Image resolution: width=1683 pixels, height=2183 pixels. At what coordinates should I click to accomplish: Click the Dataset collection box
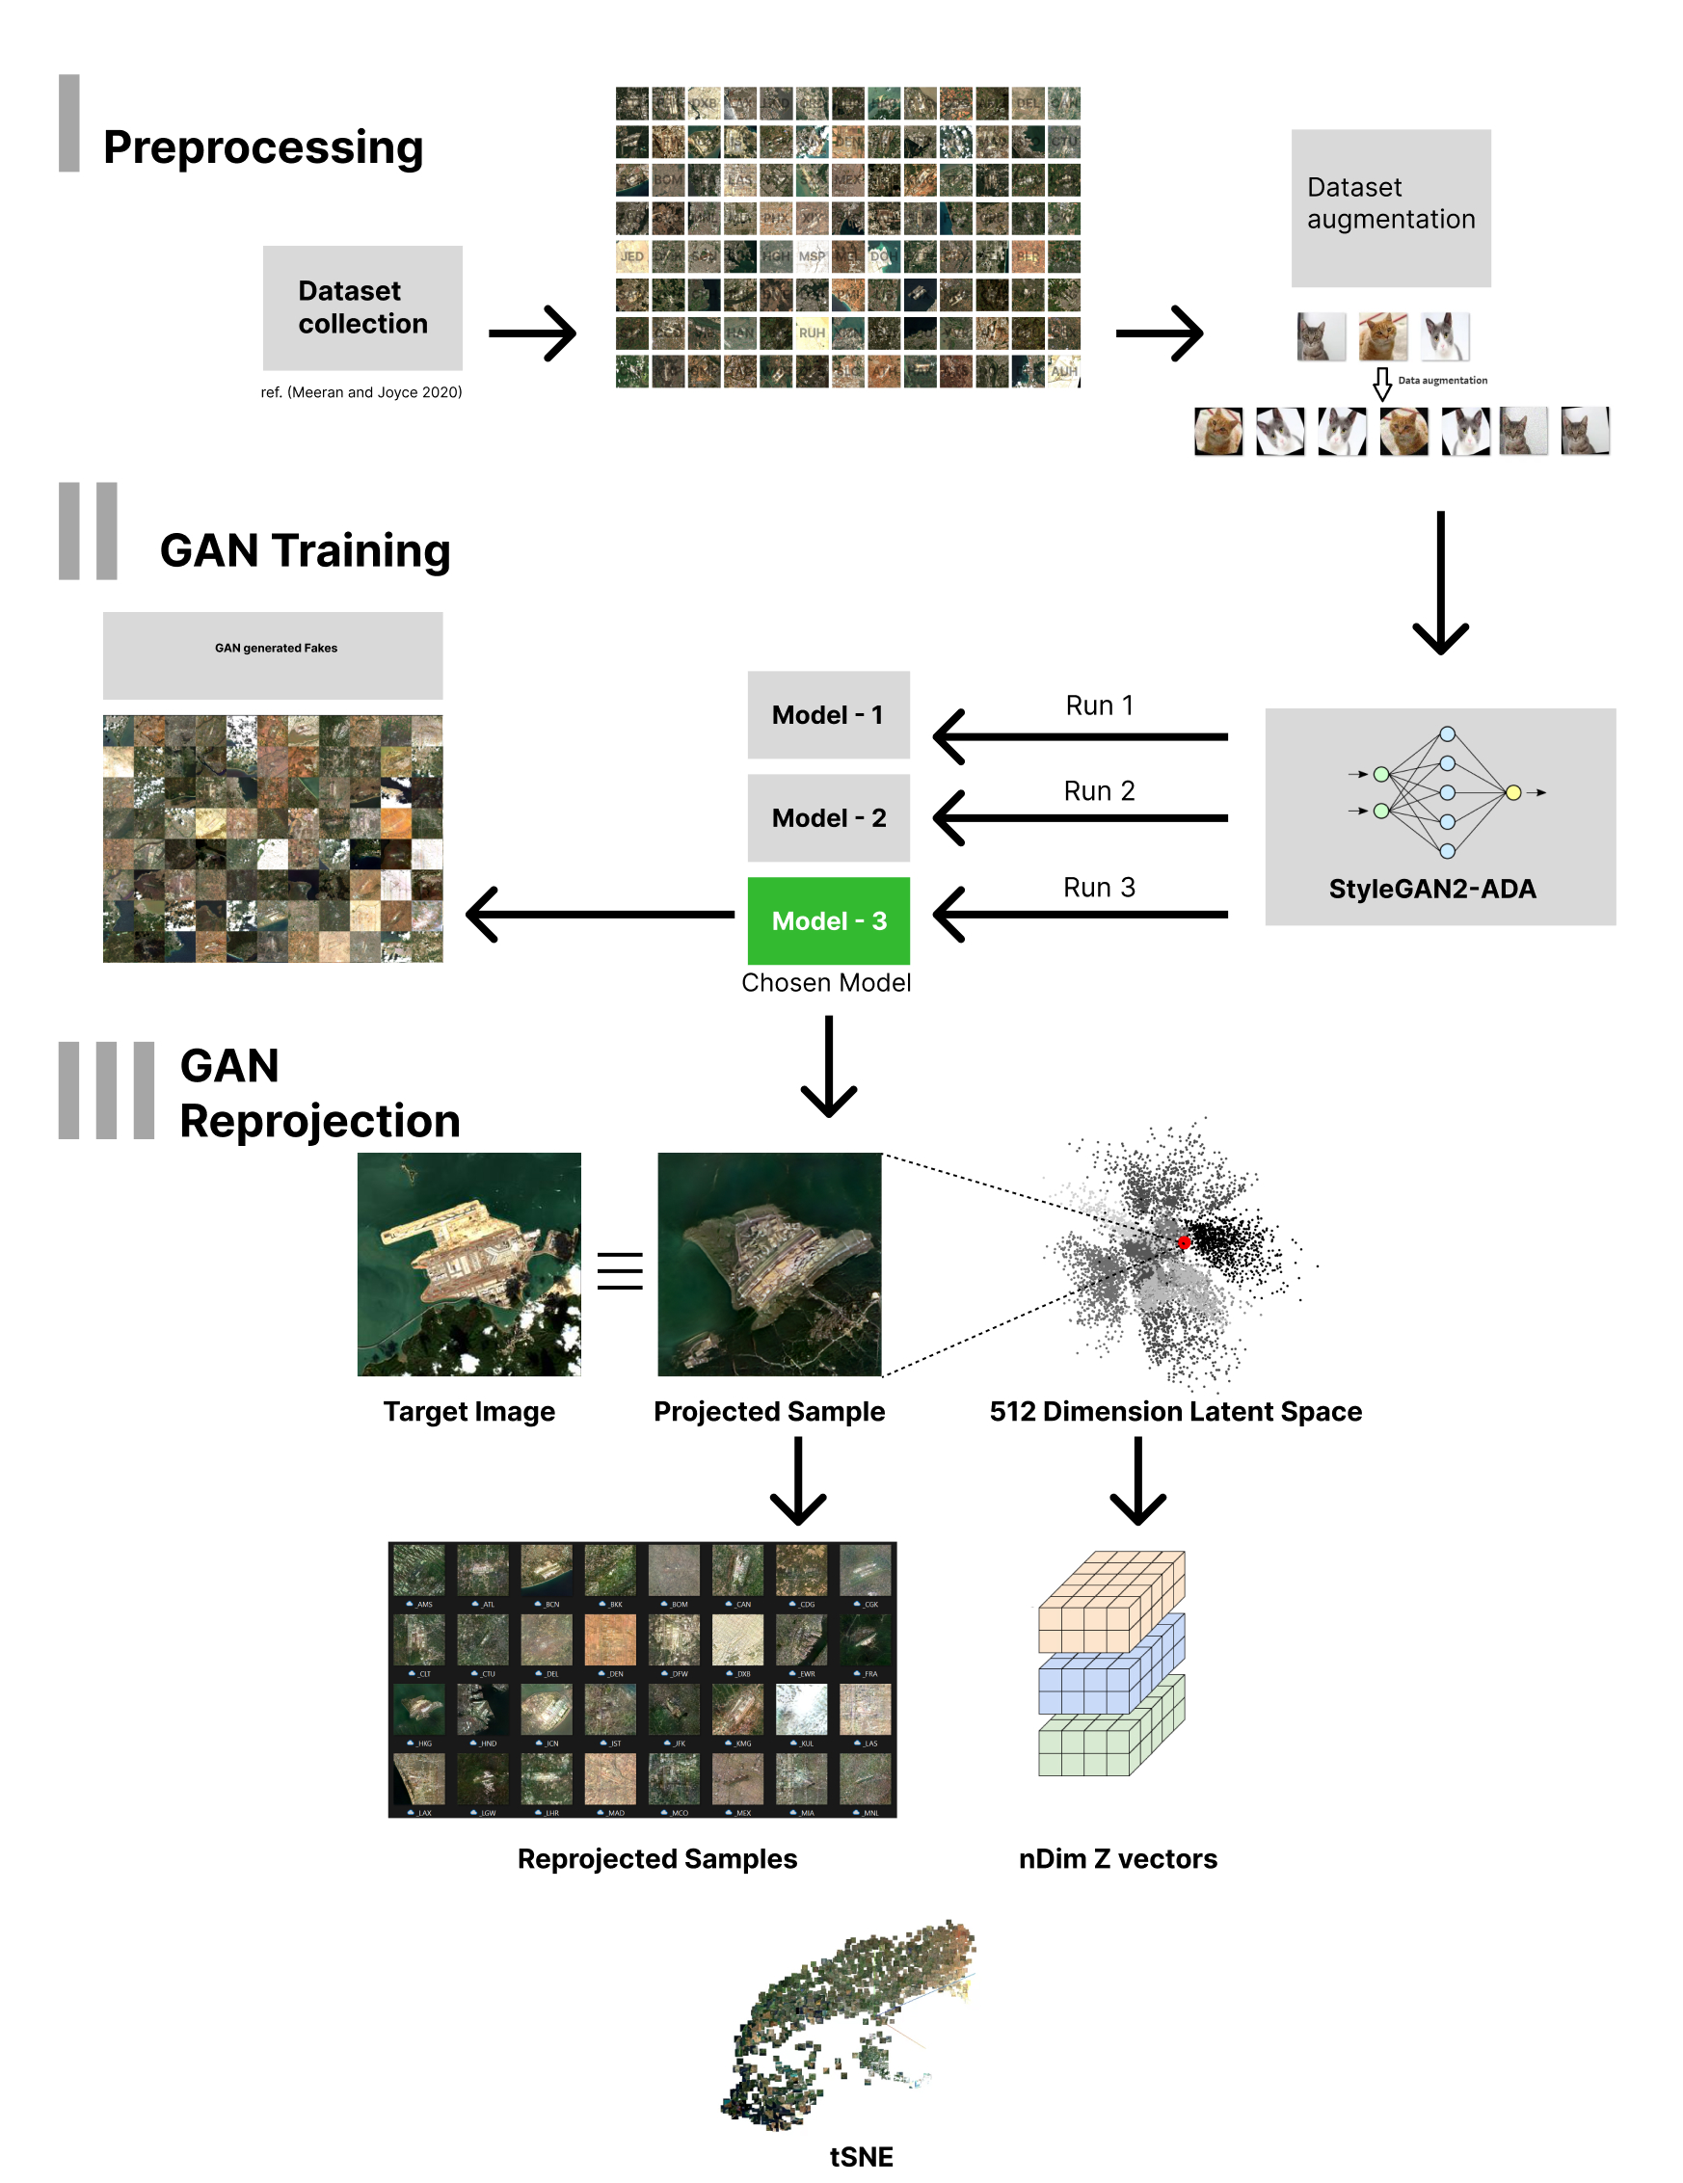click(361, 306)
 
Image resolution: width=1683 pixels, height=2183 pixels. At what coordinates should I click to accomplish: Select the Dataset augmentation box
click(1389, 207)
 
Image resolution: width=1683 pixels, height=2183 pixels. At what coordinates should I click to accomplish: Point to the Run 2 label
click(1098, 790)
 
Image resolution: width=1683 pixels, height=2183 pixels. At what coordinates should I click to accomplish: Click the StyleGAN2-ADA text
click(1431, 888)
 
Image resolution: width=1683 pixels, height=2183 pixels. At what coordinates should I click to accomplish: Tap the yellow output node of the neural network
click(1512, 791)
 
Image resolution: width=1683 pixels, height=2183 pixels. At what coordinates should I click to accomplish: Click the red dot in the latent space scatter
click(1184, 1242)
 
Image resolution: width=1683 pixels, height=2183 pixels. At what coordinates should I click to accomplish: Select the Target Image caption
click(468, 1410)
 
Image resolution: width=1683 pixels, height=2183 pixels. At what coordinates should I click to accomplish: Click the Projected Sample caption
click(768, 1410)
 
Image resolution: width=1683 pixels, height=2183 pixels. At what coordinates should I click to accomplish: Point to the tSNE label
click(861, 2156)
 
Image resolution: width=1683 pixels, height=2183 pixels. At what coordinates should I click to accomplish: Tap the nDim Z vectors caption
click(1117, 1858)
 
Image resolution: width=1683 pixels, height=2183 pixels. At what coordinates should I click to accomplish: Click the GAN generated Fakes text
click(276, 648)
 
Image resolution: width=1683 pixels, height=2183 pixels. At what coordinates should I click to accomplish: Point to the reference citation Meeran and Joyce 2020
click(361, 392)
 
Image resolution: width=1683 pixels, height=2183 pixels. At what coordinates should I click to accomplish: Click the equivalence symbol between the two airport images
click(620, 1270)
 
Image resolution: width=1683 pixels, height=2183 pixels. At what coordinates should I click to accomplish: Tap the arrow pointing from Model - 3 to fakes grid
click(600, 914)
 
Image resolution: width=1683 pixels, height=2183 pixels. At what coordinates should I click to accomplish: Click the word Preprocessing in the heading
click(263, 146)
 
